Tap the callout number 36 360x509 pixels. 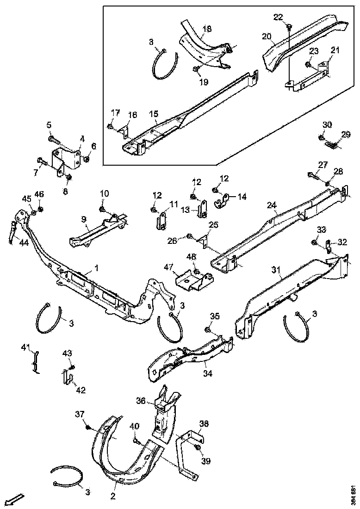click(x=141, y=400)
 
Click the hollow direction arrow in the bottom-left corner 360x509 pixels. click(x=15, y=499)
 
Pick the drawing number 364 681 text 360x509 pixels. click(x=354, y=495)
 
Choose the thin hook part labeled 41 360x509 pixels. click(x=34, y=360)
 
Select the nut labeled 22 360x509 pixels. click(x=289, y=27)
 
